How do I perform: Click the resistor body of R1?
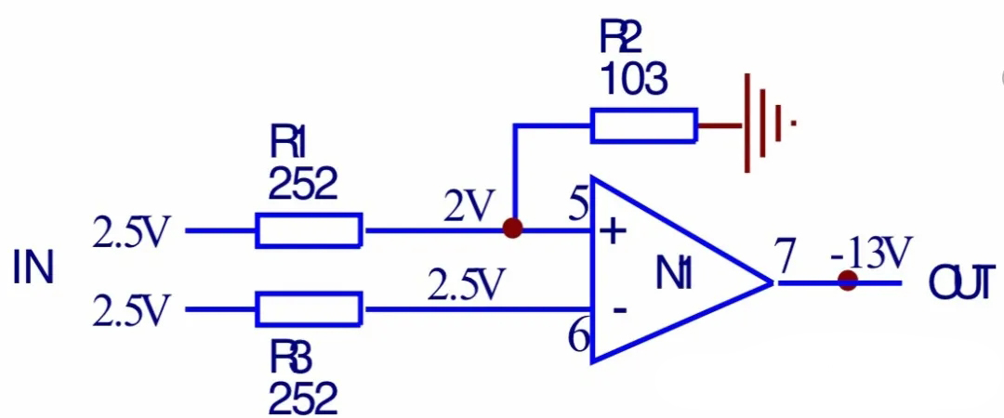click(x=309, y=230)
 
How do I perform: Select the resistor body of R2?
click(x=643, y=125)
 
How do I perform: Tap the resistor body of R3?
click(x=309, y=307)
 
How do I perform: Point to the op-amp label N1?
click(x=675, y=276)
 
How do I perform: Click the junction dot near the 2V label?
click(x=511, y=229)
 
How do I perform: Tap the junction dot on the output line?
click(x=847, y=281)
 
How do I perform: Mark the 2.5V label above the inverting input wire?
click(x=466, y=285)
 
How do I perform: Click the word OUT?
click(x=961, y=286)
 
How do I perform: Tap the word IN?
click(x=33, y=268)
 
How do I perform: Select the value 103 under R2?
click(x=633, y=81)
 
